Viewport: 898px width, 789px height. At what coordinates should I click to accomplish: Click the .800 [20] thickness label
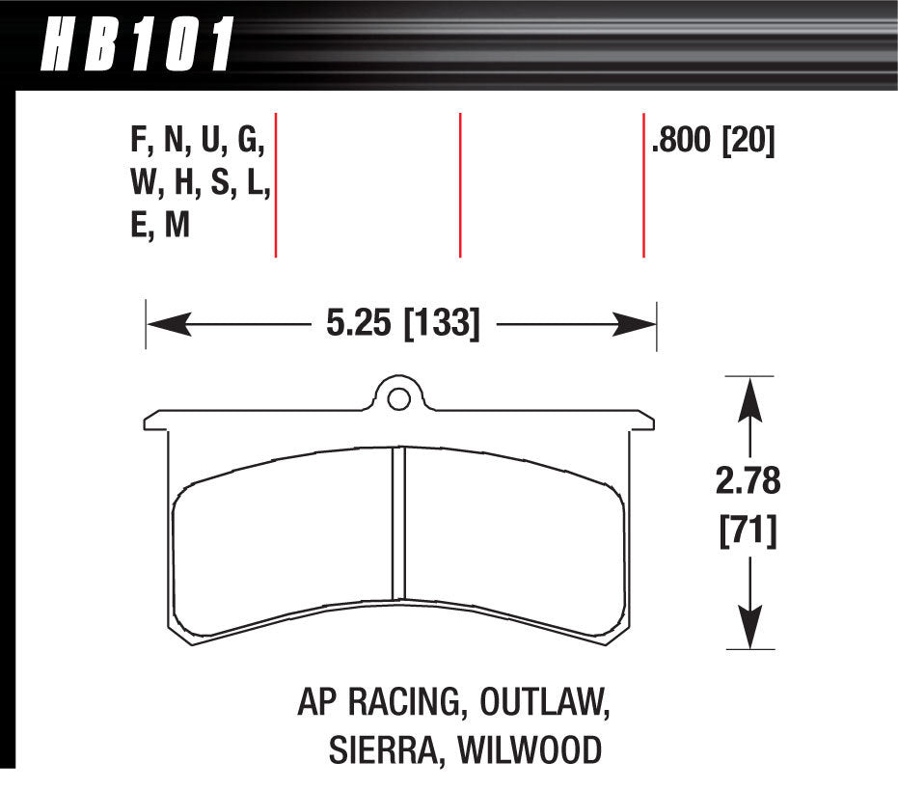(x=713, y=144)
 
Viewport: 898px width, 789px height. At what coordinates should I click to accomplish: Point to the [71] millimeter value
(x=748, y=531)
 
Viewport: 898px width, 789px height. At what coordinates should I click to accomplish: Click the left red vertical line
(x=276, y=185)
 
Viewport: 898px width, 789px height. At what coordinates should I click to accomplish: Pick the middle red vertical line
(x=460, y=185)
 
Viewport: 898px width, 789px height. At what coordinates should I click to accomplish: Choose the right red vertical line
(x=643, y=185)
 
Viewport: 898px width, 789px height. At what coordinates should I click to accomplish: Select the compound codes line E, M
(x=160, y=227)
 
